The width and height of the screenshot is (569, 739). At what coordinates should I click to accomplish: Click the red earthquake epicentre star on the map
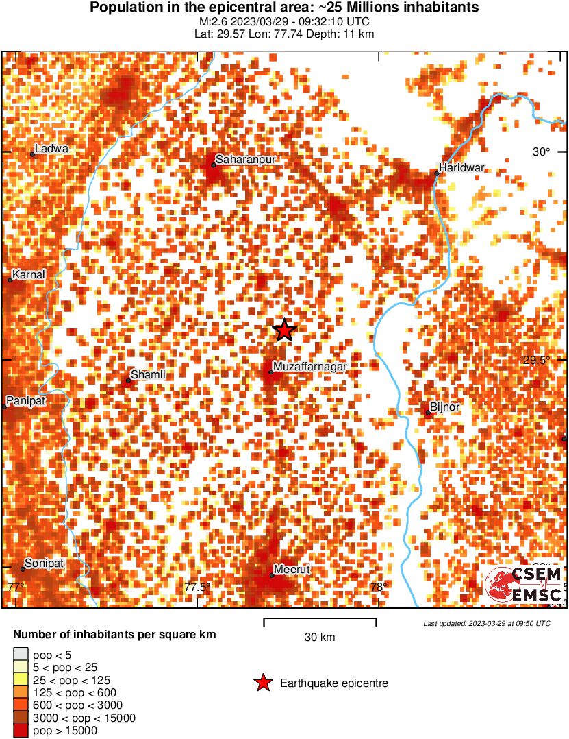284,330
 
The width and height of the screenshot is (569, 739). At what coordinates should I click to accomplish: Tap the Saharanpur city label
245,160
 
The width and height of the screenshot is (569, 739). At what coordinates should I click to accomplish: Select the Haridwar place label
461,167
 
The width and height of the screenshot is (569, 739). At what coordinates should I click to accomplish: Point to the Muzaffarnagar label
309,367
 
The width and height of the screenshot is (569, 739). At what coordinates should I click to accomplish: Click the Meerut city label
292,569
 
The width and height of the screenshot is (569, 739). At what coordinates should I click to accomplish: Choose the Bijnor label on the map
445,407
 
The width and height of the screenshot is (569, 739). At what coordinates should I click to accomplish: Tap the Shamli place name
148,374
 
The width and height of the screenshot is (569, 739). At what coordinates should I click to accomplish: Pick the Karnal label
29,274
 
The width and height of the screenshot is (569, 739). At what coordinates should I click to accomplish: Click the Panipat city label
25,401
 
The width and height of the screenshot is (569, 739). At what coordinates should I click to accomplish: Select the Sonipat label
44,564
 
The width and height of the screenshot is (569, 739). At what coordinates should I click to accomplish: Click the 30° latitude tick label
542,152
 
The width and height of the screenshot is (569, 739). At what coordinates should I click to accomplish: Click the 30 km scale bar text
320,638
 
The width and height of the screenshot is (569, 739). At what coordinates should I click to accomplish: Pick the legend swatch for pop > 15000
21,731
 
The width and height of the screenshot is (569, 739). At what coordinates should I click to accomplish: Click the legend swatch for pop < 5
21,654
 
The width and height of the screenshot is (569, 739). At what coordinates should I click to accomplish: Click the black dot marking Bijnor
428,413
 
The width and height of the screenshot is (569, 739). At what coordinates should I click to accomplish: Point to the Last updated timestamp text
486,624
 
